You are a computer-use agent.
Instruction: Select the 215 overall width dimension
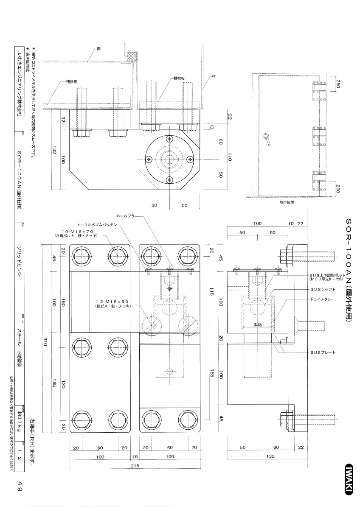(135, 466)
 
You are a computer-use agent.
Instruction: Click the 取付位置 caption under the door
(287, 202)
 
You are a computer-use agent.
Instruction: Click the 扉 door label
(98, 49)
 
